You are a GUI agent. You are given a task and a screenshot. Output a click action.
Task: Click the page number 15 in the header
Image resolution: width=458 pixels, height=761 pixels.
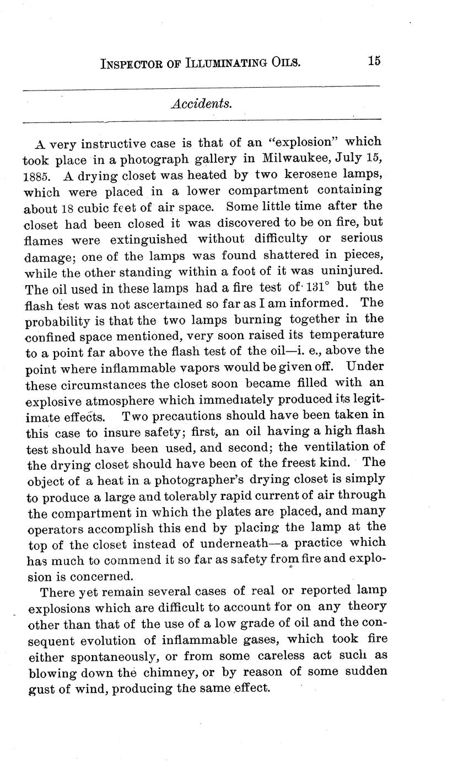pos(374,61)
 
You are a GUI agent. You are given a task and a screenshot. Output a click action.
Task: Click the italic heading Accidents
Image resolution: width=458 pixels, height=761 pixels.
pos(201,104)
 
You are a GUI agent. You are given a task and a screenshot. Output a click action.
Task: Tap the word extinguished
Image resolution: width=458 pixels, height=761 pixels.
pos(148,239)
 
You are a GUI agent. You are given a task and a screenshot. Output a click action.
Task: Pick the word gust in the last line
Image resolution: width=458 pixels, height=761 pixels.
pos(39,689)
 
